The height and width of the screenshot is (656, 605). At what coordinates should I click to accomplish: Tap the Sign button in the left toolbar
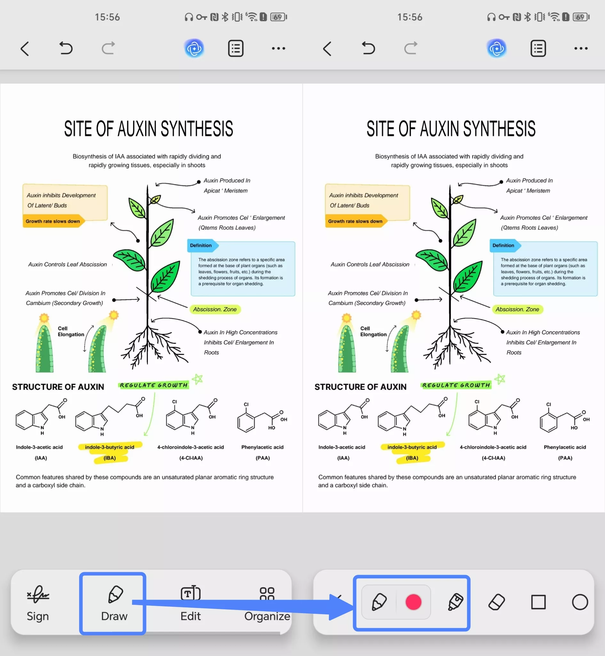(x=38, y=603)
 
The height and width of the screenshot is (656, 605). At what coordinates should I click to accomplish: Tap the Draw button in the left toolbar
(x=114, y=603)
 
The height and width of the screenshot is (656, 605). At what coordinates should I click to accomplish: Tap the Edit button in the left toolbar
(x=191, y=603)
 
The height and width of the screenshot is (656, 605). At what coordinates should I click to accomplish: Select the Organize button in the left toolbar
(x=267, y=603)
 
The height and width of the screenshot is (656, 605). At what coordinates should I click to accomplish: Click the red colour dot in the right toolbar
(x=413, y=602)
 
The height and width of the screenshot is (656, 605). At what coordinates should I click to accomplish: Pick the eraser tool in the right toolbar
(x=496, y=602)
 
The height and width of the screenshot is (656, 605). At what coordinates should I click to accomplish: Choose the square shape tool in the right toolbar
(x=538, y=602)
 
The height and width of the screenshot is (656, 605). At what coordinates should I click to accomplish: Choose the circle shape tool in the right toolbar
(x=580, y=602)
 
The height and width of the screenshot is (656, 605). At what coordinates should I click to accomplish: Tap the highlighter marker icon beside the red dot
(x=455, y=602)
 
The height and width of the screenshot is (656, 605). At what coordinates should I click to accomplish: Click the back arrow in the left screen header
(x=25, y=49)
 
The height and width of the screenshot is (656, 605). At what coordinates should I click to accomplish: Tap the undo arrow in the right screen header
(x=368, y=48)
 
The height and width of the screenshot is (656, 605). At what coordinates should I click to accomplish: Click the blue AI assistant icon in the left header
(x=194, y=49)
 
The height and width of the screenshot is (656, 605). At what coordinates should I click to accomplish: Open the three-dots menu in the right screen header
(x=581, y=49)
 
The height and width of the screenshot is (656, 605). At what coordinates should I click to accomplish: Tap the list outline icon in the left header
(x=236, y=49)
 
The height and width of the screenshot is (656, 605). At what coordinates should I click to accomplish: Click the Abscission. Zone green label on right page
(x=517, y=309)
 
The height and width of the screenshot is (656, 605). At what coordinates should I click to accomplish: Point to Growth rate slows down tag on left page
(x=53, y=221)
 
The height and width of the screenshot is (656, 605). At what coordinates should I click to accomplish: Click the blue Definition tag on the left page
(x=201, y=245)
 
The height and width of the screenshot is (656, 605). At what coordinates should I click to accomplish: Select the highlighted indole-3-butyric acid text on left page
(x=109, y=447)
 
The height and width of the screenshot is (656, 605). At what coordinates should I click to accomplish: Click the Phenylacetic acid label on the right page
(x=565, y=447)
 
